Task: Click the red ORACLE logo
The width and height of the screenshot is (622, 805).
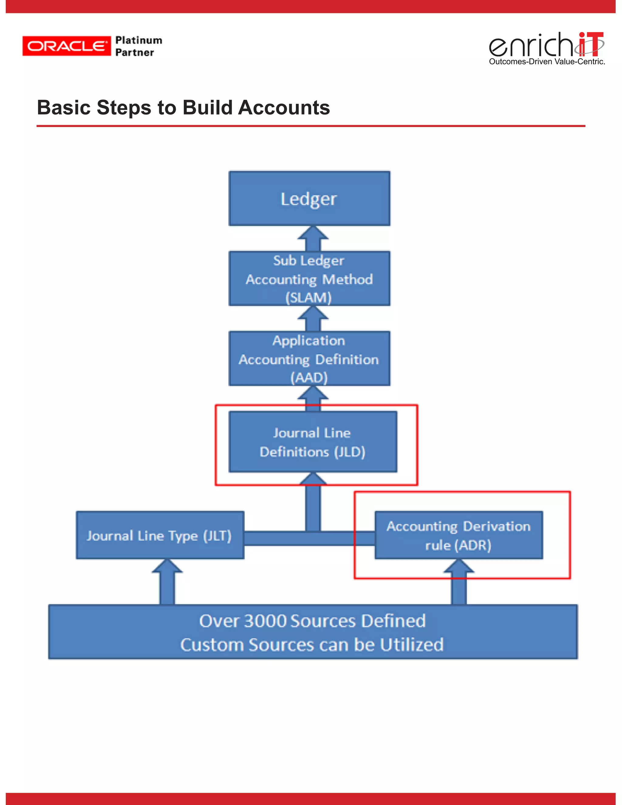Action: pyautogui.click(x=66, y=46)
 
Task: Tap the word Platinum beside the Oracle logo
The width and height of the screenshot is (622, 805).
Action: pyautogui.click(x=138, y=40)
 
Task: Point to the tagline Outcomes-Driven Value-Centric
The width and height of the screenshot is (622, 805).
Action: pyautogui.click(x=547, y=62)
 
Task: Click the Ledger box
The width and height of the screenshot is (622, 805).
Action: pyautogui.click(x=309, y=199)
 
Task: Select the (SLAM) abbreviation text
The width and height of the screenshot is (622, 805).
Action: pyautogui.click(x=309, y=297)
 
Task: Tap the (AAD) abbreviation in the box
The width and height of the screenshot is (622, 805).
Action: pyautogui.click(x=309, y=377)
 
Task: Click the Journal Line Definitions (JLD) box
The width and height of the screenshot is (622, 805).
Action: pyautogui.click(x=313, y=442)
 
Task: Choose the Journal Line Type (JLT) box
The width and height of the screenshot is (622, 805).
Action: pyautogui.click(x=159, y=535)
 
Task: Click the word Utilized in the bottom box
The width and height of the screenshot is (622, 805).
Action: pyautogui.click(x=412, y=645)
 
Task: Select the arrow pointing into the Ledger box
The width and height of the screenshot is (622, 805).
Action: pyautogui.click(x=313, y=238)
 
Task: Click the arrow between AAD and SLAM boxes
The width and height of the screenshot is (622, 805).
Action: pyautogui.click(x=313, y=318)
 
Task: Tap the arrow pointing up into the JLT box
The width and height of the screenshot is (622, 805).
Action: pyautogui.click(x=167, y=581)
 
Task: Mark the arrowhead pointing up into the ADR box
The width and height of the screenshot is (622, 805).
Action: pyautogui.click(x=459, y=567)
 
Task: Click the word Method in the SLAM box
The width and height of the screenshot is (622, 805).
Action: pyautogui.click(x=347, y=279)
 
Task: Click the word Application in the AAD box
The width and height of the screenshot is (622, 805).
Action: pyautogui.click(x=309, y=341)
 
